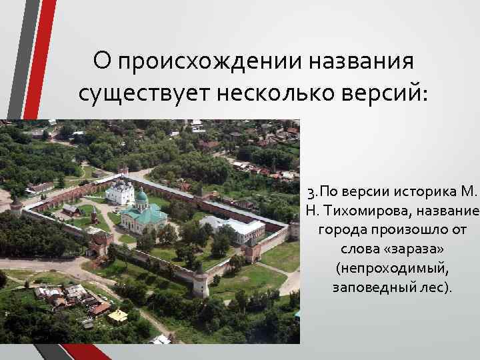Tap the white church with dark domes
click(119, 191)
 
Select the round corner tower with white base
click(201, 283)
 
